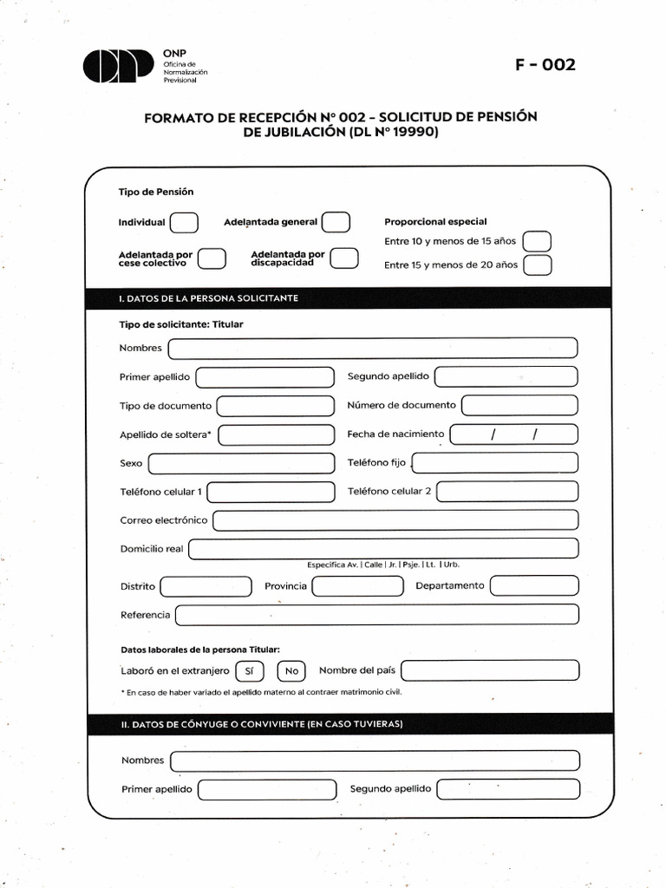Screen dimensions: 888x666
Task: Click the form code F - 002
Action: (x=545, y=65)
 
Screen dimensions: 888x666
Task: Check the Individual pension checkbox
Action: (x=184, y=223)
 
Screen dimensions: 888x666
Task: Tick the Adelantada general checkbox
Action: (x=336, y=223)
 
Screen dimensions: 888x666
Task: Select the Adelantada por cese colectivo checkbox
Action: (x=212, y=258)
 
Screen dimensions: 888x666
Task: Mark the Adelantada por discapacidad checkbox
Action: (x=344, y=258)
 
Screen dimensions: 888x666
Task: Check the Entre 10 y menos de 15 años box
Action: (x=538, y=241)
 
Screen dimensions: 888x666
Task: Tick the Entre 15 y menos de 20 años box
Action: (x=538, y=265)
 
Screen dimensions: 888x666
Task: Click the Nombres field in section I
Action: (x=373, y=349)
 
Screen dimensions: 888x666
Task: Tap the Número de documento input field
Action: (x=519, y=405)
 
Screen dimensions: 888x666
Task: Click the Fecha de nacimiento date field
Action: (x=514, y=434)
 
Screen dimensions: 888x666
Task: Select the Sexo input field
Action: (x=241, y=464)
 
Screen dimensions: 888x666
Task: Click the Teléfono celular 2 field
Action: (x=507, y=492)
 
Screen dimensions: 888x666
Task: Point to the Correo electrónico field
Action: (x=395, y=520)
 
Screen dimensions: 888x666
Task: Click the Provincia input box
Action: (x=357, y=586)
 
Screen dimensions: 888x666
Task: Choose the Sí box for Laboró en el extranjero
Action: (x=249, y=671)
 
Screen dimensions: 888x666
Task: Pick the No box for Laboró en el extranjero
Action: (x=291, y=671)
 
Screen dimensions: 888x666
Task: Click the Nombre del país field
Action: (x=490, y=670)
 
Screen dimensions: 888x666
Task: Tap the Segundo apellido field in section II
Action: (x=508, y=789)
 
